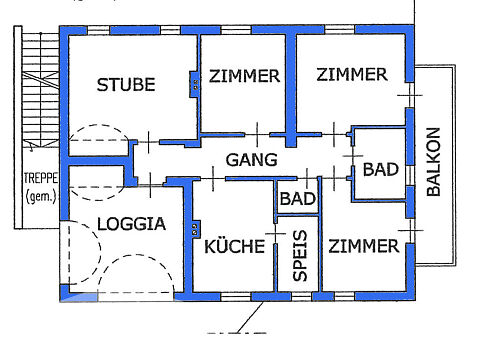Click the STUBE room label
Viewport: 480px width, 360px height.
126,85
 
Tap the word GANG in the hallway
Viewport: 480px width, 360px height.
252,160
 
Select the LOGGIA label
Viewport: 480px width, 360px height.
131,224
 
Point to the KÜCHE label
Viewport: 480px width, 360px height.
234,246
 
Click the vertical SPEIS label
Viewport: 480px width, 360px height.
300,255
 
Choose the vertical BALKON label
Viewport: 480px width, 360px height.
434,162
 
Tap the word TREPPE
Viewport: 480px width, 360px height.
41,178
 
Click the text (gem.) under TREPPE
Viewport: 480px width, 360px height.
41,197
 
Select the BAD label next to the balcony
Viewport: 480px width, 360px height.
381,169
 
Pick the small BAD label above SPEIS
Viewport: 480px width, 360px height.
298,199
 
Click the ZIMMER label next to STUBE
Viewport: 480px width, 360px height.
244,76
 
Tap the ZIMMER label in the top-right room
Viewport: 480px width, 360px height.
352,74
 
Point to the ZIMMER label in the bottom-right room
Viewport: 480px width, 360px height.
364,246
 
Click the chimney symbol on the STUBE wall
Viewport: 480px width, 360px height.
195,84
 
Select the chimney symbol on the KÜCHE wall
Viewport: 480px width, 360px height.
195,228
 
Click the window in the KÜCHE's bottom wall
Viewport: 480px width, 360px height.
236,297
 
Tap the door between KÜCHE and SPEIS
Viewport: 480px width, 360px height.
275,234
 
